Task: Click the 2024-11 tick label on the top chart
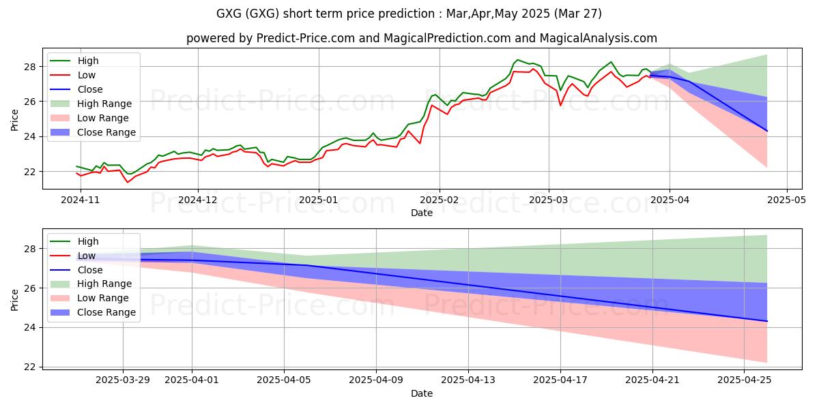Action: coord(80,200)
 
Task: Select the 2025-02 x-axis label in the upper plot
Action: coord(439,200)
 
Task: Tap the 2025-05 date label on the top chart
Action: coord(786,200)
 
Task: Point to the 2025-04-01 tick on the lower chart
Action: coord(192,380)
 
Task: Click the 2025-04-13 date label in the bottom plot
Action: coord(468,380)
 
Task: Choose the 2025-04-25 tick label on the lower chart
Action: coord(745,380)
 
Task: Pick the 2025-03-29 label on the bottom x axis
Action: coord(123,380)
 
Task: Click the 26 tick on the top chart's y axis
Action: coord(30,102)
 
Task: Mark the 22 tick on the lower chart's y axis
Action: coord(30,367)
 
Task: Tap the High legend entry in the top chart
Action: coord(88,61)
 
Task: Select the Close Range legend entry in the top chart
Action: coord(106,132)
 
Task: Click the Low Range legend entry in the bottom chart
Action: coord(103,298)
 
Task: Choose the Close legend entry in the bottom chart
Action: coord(90,270)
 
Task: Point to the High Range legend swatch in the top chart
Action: coord(59,104)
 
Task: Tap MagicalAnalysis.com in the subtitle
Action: coord(598,38)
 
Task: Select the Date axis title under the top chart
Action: coord(422,213)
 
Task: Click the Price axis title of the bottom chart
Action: coord(14,300)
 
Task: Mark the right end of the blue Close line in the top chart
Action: coord(766,131)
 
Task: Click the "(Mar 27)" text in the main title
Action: coord(577,14)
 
